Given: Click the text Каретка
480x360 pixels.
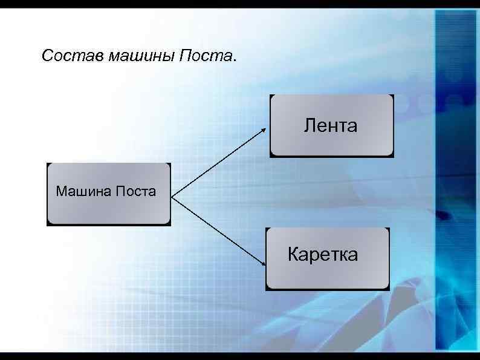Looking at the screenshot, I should click(323, 254).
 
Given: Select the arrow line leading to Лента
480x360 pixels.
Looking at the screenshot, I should click(219, 162).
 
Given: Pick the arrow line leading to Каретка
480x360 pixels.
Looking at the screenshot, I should click(219, 231).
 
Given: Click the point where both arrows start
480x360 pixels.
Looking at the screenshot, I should click(172, 197).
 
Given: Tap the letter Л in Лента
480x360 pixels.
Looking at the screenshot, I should click(310, 126).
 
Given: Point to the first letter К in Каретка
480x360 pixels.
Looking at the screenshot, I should click(293, 254).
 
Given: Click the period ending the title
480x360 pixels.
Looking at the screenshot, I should click(235, 61).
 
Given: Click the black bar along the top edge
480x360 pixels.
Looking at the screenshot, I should click(240, 3).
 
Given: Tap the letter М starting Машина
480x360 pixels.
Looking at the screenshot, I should click(60, 192).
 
